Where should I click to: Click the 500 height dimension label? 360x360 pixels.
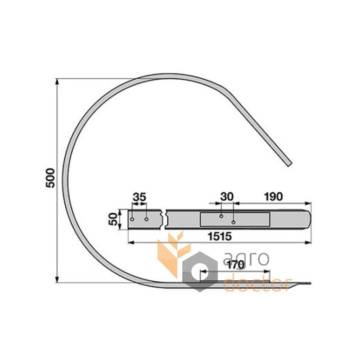point(50,178)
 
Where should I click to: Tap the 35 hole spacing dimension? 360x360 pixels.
point(139,197)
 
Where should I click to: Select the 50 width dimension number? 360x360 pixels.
point(113,219)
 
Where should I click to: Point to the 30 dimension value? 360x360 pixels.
point(227,197)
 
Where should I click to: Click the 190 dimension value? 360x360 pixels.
point(273,197)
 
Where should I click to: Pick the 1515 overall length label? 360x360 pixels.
point(220,236)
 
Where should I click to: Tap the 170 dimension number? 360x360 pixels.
point(236,265)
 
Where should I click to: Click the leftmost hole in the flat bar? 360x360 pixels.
point(132,219)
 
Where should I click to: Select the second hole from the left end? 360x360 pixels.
point(147,219)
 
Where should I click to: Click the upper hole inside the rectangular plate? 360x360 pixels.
point(221,216)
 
